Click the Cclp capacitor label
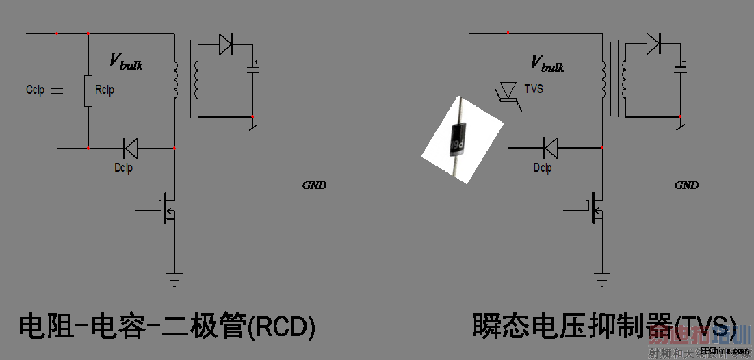tap(34, 90)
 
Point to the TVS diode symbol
tap(508, 91)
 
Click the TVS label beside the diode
tap(534, 89)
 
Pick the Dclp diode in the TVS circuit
tap(549, 147)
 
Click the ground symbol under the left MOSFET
tap(174, 279)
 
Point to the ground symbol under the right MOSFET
tap(602, 279)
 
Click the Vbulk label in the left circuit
tap(126, 62)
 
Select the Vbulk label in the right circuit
tap(547, 63)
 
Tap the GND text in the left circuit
tap(314, 185)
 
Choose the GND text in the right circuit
tap(686, 185)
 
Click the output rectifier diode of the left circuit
tap(226, 45)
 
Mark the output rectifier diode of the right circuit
tap(653, 45)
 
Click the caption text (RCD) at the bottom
tap(167, 326)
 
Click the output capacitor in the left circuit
tap(253, 69)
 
